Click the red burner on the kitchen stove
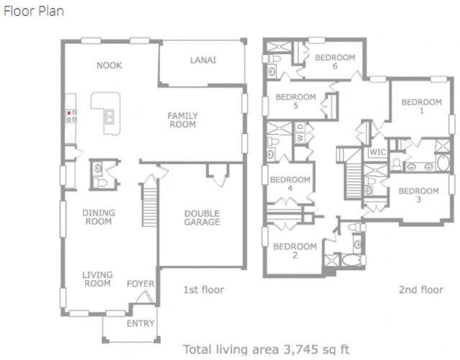pos(69,112)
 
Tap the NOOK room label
pos(109,65)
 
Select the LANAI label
pos(203,60)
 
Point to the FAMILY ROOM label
pos(182,120)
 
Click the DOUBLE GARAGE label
pos(202,217)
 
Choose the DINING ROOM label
pos(99,217)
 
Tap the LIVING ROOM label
pos(97,279)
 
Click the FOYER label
pos(140,284)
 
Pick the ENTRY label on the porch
pos(140,323)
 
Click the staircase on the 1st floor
pos(150,204)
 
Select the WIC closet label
pos(377,152)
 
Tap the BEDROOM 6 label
pos(335,62)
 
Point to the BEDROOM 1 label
pos(422,107)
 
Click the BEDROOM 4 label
pos(290,184)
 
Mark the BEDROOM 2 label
pos(295,251)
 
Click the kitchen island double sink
pos(109,117)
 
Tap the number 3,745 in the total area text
pos(301,350)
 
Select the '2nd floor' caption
pos(421,290)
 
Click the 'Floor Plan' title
pos(34,12)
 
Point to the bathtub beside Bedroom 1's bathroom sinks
pos(443,163)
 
